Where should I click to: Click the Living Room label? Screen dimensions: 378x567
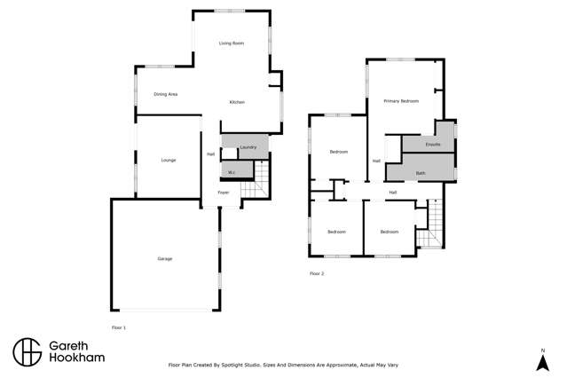point(232,43)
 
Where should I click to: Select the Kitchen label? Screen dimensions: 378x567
point(237,103)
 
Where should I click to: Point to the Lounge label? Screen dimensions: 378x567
point(169,160)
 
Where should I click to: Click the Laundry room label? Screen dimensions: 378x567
point(248,146)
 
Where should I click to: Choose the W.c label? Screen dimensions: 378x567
point(231,172)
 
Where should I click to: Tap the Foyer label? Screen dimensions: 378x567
point(224,192)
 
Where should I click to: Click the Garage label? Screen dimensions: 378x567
point(165,258)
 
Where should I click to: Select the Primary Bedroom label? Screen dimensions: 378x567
point(401,101)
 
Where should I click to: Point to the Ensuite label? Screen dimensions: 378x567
point(433,144)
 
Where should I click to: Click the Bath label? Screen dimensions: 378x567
point(421,172)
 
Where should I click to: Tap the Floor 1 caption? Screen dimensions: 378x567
point(119,327)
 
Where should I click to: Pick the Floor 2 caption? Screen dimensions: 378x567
point(317,273)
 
